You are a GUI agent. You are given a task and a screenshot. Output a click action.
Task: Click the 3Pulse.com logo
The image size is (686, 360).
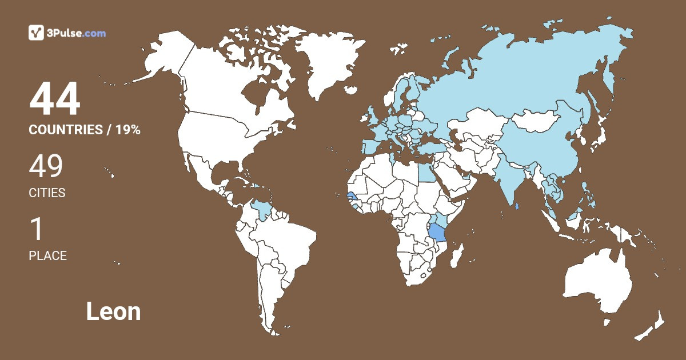tap(67, 33)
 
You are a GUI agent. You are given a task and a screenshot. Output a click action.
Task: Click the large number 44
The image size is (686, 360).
tap(55, 99)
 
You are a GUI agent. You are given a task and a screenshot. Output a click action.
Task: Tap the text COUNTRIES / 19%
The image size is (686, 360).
tap(85, 130)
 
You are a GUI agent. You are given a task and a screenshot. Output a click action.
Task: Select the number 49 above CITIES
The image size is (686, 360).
tap(46, 166)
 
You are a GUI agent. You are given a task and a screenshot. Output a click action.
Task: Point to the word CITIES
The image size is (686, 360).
tap(47, 193)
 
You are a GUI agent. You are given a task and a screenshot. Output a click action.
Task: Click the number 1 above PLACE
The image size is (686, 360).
tap(37, 230)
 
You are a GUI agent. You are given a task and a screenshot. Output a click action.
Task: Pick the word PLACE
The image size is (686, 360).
tap(48, 255)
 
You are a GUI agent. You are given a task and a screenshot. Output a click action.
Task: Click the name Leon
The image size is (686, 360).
tap(113, 311)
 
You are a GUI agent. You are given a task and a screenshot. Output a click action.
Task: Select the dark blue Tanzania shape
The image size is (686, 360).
tap(438, 233)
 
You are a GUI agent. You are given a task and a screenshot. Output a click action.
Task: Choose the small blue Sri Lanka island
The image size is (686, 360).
tap(517, 207)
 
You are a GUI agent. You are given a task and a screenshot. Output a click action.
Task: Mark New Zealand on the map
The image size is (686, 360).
tap(652, 326)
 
